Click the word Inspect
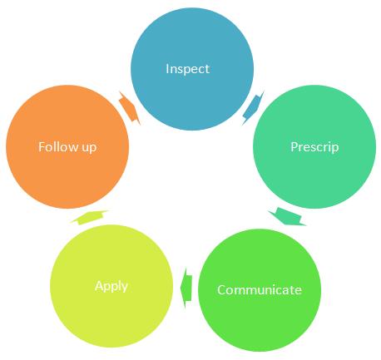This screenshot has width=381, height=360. click(187, 69)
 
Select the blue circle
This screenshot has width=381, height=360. click(192, 69)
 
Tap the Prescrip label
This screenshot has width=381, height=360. click(314, 147)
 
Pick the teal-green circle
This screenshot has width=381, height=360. click(314, 146)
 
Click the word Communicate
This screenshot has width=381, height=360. click(260, 290)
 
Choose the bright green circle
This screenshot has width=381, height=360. click(260, 290)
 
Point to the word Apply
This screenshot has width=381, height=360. click(111, 286)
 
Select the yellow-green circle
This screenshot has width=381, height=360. click(111, 286)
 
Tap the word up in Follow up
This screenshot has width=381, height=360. click(89, 148)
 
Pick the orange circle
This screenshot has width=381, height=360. click(67, 146)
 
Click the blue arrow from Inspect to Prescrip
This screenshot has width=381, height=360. click(253, 108)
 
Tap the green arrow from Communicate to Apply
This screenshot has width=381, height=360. click(186, 288)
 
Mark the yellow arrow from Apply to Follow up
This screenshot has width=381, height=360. click(89, 217)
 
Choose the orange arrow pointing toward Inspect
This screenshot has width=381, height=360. click(130, 108)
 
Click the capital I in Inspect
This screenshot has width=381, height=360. click(167, 68)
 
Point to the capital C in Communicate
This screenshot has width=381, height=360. click(221, 290)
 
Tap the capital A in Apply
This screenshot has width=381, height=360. click(99, 286)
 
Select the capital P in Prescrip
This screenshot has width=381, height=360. click(294, 146)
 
